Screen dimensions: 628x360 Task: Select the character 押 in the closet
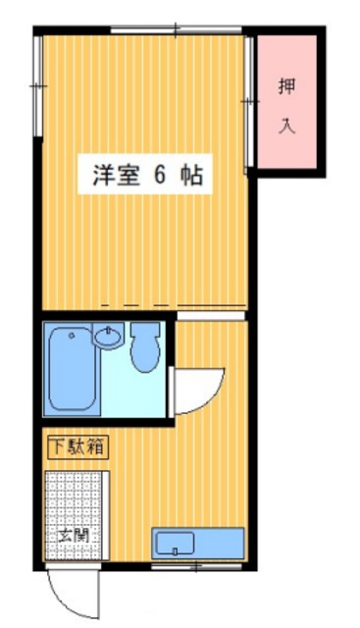(287, 86)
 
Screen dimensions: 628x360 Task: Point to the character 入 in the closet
(287, 127)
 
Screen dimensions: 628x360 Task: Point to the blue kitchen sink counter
(197, 543)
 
